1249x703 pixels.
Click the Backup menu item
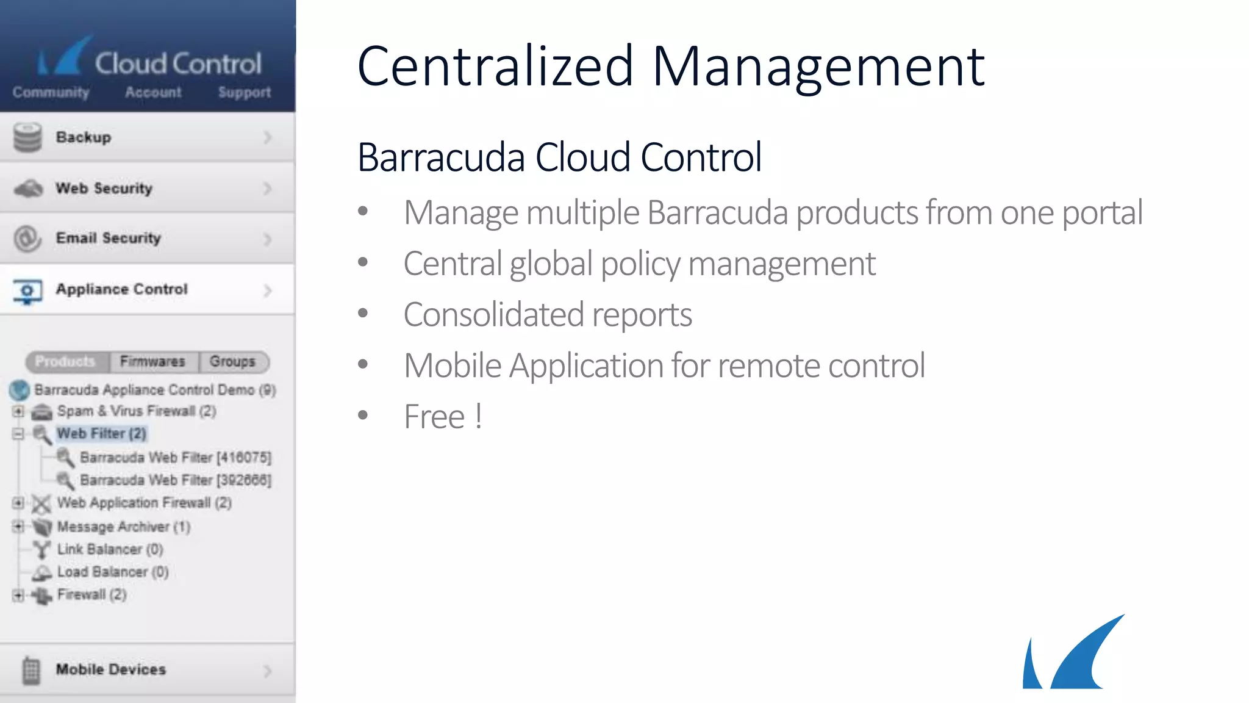tap(146, 137)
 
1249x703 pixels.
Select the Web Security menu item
tap(146, 189)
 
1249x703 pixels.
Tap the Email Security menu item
tap(146, 239)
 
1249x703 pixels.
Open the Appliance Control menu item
tap(146, 290)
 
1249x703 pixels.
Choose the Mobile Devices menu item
tap(146, 670)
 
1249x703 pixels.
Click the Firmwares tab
tap(152, 362)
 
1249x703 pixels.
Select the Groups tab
tap(232, 362)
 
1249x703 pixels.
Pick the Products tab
tap(65, 362)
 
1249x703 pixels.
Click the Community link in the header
tap(51, 93)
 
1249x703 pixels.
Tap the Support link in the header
tap(245, 93)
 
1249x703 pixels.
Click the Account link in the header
tap(153, 93)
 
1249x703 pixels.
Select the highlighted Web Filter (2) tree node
tap(101, 434)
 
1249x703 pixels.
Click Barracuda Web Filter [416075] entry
tap(175, 458)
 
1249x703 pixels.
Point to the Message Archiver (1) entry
tap(123, 527)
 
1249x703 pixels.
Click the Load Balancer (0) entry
tap(112, 572)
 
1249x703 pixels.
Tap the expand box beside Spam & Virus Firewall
tap(18, 411)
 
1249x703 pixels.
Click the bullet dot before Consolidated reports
tap(363, 314)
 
